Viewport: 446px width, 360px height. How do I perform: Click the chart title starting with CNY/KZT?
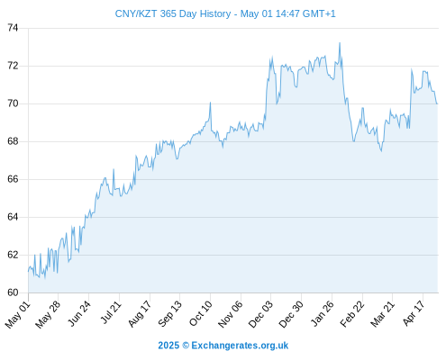pyautogui.click(x=225, y=13)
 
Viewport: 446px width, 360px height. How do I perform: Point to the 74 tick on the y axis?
pyautogui.click(x=13, y=28)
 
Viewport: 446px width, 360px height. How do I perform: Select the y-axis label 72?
pyautogui.click(x=13, y=66)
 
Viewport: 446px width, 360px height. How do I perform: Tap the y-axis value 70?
pyautogui.click(x=13, y=103)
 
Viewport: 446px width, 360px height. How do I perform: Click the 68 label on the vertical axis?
pyautogui.click(x=13, y=141)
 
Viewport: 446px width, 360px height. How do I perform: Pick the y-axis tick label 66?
pyautogui.click(x=13, y=179)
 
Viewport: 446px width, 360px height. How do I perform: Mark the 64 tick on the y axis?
pyautogui.click(x=13, y=217)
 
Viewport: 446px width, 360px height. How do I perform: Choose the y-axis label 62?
pyautogui.click(x=13, y=255)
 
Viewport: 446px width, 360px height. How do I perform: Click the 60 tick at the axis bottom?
pyautogui.click(x=13, y=292)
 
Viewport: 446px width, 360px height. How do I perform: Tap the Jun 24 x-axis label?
pyautogui.click(x=79, y=313)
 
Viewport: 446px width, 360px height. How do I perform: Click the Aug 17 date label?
pyautogui.click(x=140, y=314)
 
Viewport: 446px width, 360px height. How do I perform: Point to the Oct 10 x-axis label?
pyautogui.click(x=201, y=313)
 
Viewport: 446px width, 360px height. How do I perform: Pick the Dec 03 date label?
pyautogui.click(x=260, y=314)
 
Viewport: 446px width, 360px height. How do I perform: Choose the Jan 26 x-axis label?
pyautogui.click(x=323, y=313)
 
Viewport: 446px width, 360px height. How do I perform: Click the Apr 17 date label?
pyautogui.click(x=414, y=313)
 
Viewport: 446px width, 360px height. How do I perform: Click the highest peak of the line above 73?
pyautogui.click(x=340, y=43)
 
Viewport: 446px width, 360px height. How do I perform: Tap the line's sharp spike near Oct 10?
pyautogui.click(x=210, y=103)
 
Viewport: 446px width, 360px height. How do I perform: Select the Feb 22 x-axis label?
pyautogui.click(x=352, y=314)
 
